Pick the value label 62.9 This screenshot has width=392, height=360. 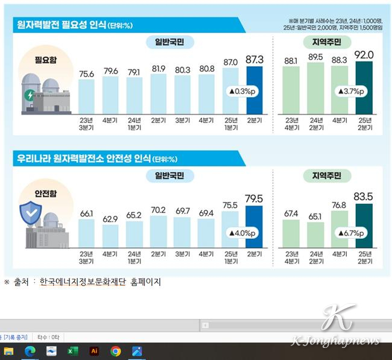[110, 219]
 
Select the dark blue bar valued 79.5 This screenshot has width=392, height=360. [254, 227]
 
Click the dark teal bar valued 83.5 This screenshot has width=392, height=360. [364, 226]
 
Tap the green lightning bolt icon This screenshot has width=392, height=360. [29, 95]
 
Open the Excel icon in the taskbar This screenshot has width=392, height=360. [72, 351]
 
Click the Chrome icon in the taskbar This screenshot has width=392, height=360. [116, 351]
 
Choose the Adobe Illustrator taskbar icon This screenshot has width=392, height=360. [94, 351]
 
